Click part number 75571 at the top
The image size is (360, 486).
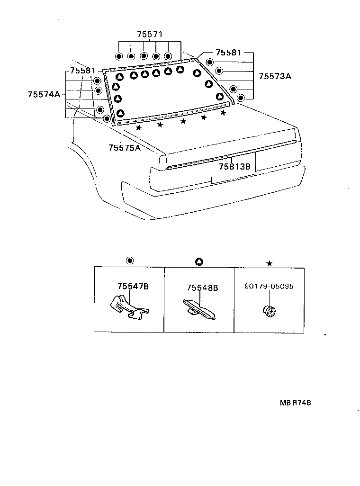coord(150,35)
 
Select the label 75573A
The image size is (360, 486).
coord(275,76)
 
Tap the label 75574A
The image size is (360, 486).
coord(44,94)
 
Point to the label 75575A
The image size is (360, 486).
coord(125,148)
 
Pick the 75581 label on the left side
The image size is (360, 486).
coord(82,71)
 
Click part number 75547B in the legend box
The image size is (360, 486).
coord(133,286)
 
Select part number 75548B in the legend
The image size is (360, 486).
coord(202,288)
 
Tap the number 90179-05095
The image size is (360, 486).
coord(269,286)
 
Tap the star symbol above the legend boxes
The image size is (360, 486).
coord(269,263)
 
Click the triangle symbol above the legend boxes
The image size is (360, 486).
coord(199,261)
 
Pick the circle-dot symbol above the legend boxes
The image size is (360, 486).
coord(130,261)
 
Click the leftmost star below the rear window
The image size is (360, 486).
coord(139,128)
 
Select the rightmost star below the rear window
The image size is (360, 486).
coord(223,112)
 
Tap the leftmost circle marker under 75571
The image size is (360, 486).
coord(119,56)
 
